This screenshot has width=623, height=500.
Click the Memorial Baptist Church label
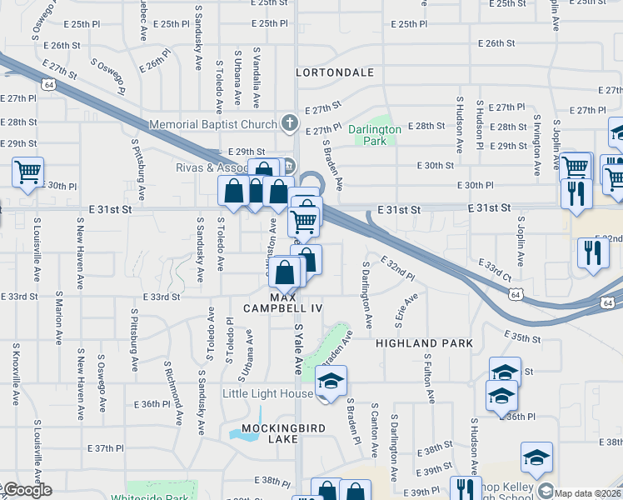(212, 125)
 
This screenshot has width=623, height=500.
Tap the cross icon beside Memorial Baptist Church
(289, 124)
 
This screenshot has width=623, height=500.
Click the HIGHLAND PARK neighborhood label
(424, 343)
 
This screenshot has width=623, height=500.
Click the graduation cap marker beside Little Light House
(331, 381)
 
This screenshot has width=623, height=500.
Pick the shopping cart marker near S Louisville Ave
(27, 172)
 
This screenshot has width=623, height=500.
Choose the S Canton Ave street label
(376, 435)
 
